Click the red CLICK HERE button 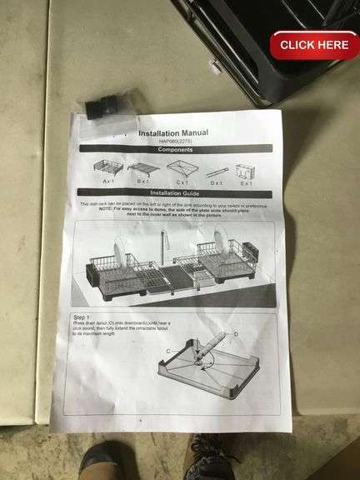click(314, 45)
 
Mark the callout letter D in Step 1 click(236, 334)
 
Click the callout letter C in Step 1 click(168, 352)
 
